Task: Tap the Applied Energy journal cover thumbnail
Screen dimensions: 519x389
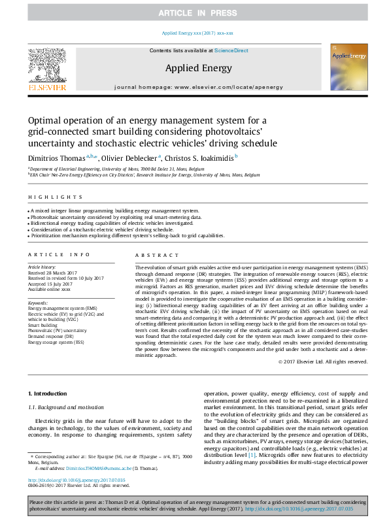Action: pyautogui.click(x=346, y=68)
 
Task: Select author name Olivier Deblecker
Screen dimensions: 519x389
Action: pyautogui.click(x=129, y=158)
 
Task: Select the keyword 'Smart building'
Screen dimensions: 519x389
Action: pyautogui.click(x=42, y=324)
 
